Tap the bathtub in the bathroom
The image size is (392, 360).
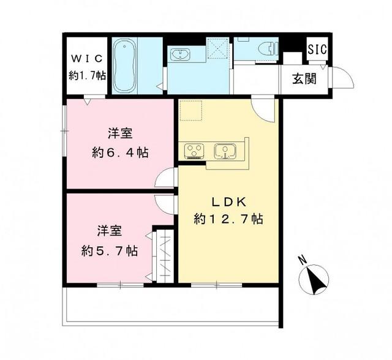124,66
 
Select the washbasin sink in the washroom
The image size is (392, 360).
179,54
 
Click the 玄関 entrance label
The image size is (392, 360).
304,79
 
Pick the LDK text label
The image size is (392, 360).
228,202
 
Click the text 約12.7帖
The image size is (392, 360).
228,219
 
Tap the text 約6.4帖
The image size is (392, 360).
120,152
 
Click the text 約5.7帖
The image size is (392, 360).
110,250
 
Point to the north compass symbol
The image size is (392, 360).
314,280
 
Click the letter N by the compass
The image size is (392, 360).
302,260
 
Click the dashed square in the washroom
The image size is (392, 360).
217,48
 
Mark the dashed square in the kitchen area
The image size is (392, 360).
190,110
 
